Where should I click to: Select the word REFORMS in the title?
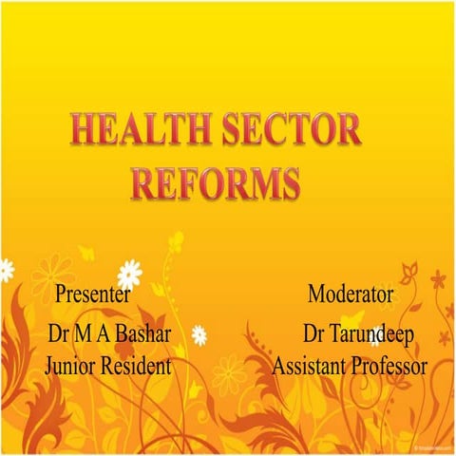(217, 180)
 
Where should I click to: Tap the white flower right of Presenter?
(129, 274)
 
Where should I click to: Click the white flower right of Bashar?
(199, 334)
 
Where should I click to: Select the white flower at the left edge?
(6, 270)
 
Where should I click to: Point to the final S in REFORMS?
(291, 180)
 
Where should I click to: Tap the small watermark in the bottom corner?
(433, 447)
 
